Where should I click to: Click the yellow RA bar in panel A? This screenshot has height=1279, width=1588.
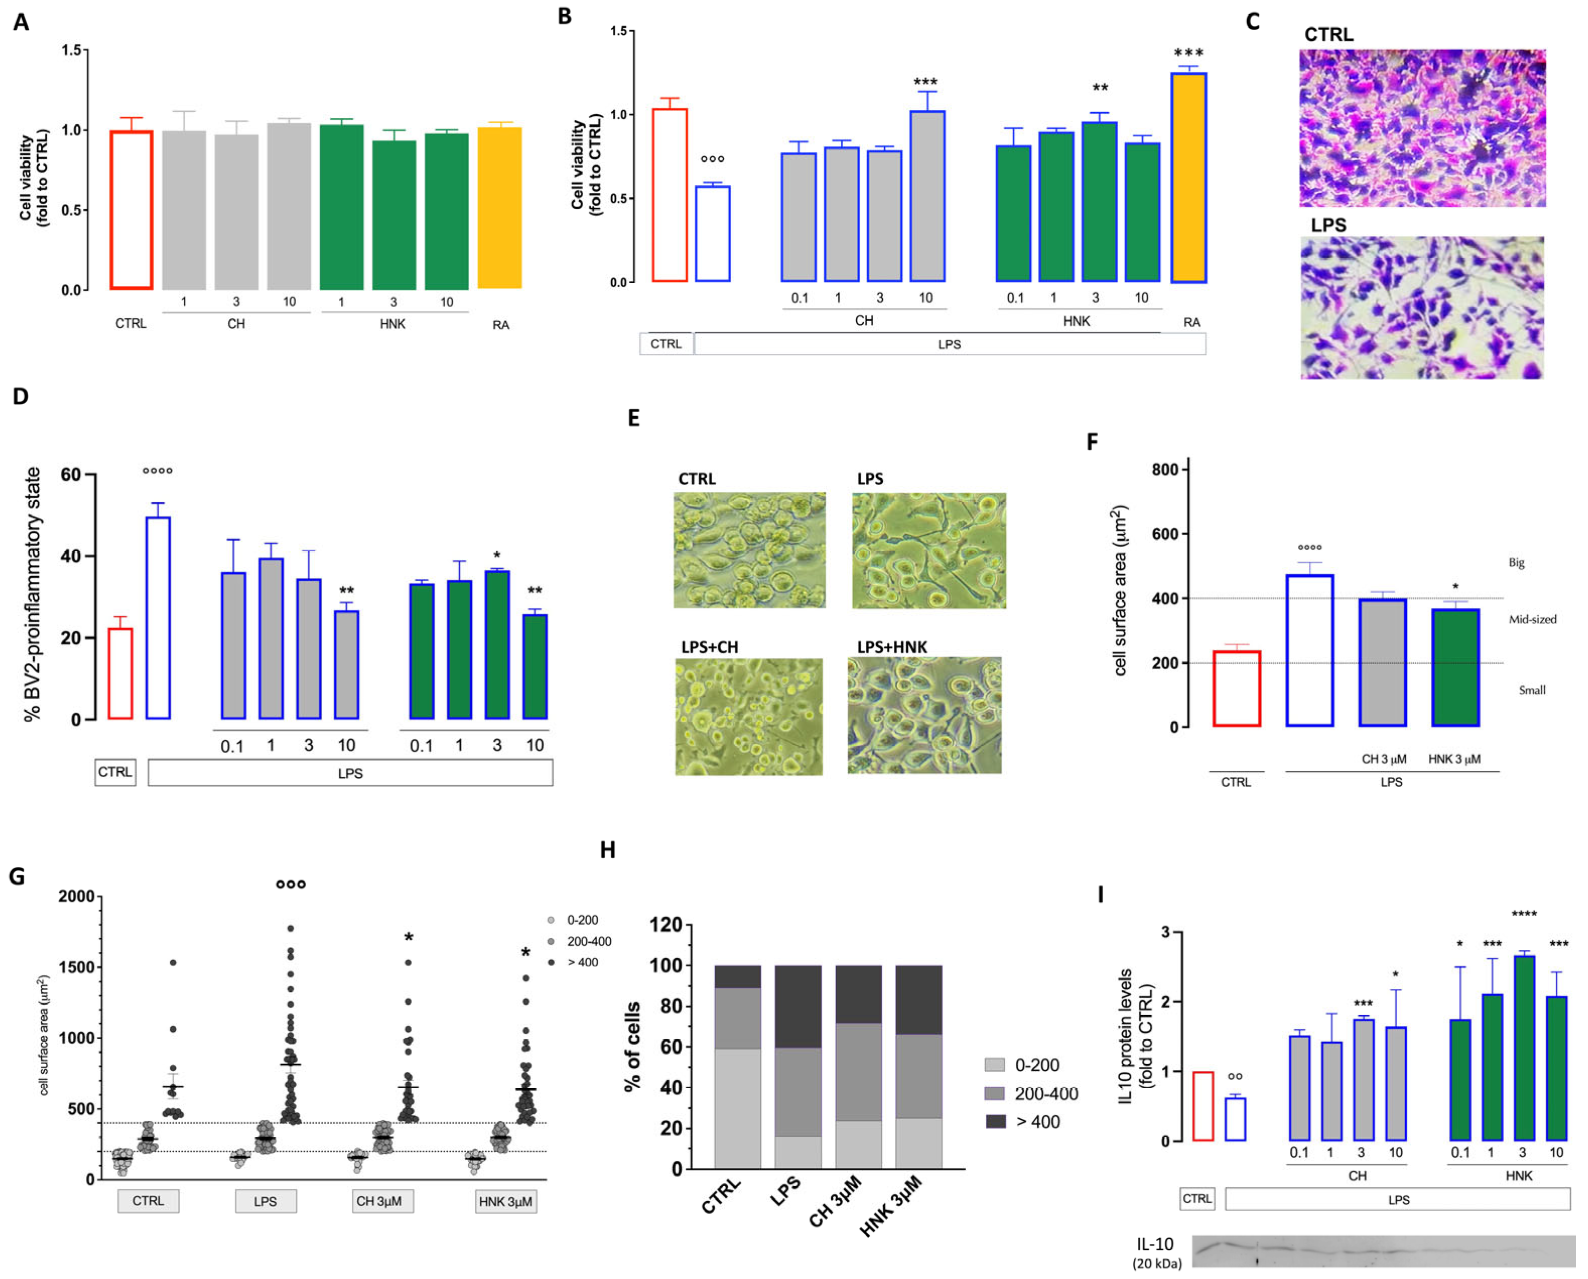pos(499,208)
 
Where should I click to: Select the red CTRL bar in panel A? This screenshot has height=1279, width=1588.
pos(131,210)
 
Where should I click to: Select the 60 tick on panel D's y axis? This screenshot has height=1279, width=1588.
pos(71,475)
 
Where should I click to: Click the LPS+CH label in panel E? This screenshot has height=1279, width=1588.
pos(709,647)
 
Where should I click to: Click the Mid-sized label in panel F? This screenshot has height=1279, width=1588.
pos(1532,620)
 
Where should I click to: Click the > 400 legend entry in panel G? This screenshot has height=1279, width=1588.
pos(582,962)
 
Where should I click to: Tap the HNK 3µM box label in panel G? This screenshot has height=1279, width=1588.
pos(505,1201)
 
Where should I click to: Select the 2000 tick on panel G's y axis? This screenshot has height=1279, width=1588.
pos(77,896)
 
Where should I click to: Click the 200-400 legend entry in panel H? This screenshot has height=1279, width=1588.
pos(1045,1093)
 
